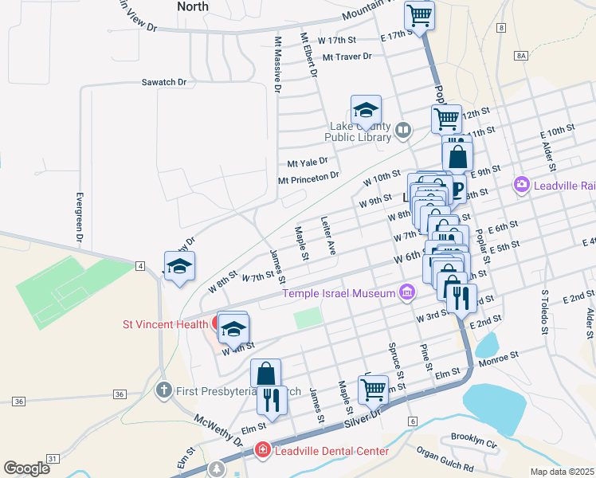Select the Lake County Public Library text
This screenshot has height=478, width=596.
click(x=360, y=131)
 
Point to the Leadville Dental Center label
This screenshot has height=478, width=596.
click(x=331, y=452)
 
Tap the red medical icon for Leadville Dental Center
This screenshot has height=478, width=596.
click(x=261, y=452)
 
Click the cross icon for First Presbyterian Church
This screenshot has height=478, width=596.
click(x=163, y=390)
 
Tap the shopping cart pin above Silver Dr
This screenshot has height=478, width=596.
click(x=372, y=390)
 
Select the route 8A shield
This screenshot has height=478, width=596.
click(x=521, y=55)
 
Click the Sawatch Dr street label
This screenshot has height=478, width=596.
click(x=163, y=82)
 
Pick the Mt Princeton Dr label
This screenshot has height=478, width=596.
click(x=308, y=178)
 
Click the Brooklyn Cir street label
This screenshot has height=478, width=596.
click(x=473, y=437)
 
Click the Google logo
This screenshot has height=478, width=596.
click(x=27, y=468)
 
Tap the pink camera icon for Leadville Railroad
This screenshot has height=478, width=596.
click(x=522, y=185)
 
